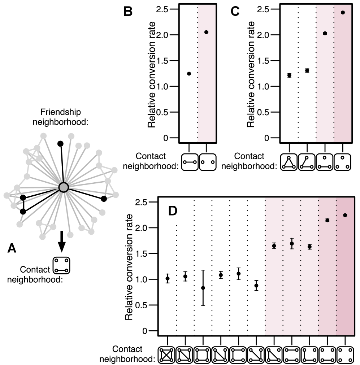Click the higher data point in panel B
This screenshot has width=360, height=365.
206,32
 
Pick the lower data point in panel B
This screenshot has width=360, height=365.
189,74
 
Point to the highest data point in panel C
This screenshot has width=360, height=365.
343,13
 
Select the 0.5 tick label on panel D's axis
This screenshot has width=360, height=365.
141,305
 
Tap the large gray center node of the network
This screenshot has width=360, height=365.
63,187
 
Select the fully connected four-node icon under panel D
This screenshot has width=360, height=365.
168,355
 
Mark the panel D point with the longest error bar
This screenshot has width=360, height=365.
203,288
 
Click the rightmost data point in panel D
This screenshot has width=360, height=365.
345,215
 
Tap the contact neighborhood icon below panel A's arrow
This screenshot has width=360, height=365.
61,265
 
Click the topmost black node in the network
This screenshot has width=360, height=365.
61,144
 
